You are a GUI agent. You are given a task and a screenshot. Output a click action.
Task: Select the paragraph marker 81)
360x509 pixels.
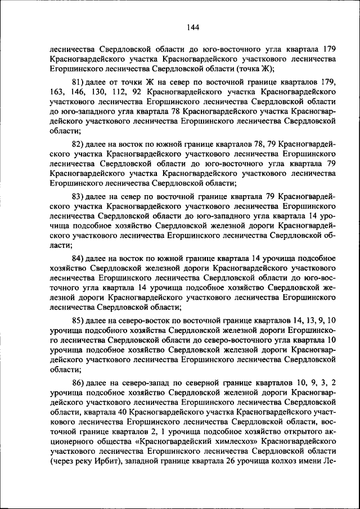coord(79,83)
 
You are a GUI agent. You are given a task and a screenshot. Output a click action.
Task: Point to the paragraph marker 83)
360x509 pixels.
coord(79,197)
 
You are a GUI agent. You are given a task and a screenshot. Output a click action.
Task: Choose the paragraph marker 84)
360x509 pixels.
coord(79,258)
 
